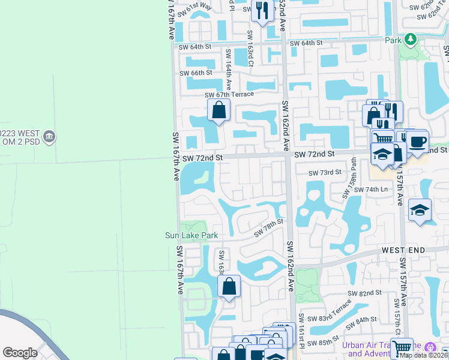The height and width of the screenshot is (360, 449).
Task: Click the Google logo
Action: tap(20, 353)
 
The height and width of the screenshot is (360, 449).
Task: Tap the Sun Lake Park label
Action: tap(191, 236)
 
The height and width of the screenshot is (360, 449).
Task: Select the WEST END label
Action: tap(403, 250)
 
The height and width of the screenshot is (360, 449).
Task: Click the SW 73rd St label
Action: tap(325, 173)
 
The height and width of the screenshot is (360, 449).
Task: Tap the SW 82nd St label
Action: tap(365, 292)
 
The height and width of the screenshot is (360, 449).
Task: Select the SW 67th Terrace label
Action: tap(229, 95)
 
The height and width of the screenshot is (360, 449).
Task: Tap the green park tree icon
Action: tap(410, 40)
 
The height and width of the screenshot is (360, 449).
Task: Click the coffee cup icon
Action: tap(418, 142)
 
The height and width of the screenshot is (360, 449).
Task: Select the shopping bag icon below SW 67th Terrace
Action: tap(219, 110)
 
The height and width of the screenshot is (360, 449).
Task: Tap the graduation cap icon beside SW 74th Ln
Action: tap(420, 210)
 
